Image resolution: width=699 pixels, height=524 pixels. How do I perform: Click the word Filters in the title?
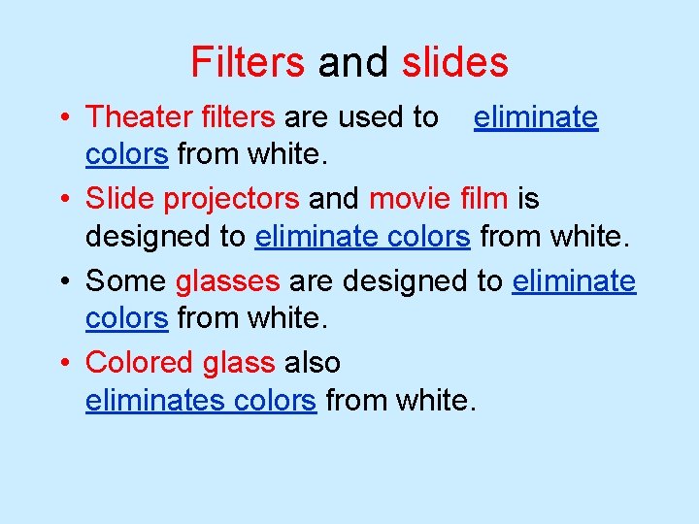(248, 62)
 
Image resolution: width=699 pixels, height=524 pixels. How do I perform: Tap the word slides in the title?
(454, 62)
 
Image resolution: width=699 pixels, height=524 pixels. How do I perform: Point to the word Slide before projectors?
(120, 199)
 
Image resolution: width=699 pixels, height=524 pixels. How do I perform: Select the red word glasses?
(228, 282)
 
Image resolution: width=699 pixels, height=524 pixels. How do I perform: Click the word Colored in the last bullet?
(140, 363)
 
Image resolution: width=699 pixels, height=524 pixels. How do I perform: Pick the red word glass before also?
(239, 364)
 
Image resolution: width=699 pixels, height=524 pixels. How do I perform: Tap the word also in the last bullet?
(313, 363)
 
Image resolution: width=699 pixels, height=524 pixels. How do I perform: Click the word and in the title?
(352, 62)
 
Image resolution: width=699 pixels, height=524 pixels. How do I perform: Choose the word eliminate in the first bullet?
(536, 117)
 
